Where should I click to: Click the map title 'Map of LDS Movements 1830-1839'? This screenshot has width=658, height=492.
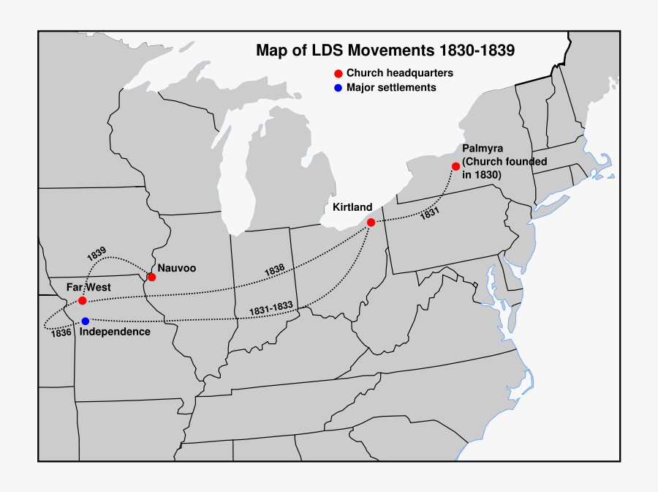tap(385, 51)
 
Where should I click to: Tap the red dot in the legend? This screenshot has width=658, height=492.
tap(338, 73)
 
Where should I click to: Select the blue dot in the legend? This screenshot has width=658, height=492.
tap(338, 88)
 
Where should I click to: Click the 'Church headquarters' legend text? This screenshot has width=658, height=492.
tap(399, 73)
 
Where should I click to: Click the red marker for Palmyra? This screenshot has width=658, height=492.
tap(456, 166)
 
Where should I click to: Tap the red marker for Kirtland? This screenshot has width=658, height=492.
tap(371, 222)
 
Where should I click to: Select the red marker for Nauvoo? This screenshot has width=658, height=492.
tap(151, 277)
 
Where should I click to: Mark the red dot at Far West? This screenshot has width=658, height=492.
tap(83, 301)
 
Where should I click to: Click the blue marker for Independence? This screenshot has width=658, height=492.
tap(86, 321)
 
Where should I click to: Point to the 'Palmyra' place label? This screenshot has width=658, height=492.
tap(483, 149)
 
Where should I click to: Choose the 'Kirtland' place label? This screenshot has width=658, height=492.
tap(352, 207)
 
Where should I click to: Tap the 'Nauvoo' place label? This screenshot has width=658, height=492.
tap(177, 268)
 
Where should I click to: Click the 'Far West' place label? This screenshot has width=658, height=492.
tap(88, 288)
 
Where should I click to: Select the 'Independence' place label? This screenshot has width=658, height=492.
tap(115, 332)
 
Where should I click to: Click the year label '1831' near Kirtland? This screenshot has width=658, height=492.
tap(430, 214)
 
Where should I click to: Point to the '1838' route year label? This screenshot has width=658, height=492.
tap(274, 269)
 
